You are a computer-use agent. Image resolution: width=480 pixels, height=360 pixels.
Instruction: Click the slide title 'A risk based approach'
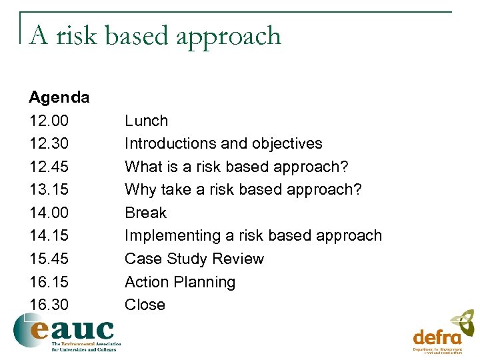pyautogui.click(x=155, y=35)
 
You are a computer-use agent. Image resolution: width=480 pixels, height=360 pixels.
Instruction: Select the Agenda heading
pyautogui.click(x=59, y=97)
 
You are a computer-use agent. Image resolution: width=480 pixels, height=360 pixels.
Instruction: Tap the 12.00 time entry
pyautogui.click(x=49, y=121)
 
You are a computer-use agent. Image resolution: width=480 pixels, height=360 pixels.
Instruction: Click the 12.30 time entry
pyautogui.click(x=49, y=143)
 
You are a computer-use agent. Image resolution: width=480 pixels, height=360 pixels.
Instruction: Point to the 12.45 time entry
pyautogui.click(x=49, y=167)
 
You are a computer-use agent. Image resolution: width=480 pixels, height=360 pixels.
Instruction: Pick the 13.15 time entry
pyautogui.click(x=49, y=189)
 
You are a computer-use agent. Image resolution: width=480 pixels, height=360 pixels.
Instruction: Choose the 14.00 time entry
pyautogui.click(x=49, y=213)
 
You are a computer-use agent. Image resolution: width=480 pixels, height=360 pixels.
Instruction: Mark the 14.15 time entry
pyautogui.click(x=49, y=235)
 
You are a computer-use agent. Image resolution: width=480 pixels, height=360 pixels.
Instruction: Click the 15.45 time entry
pyautogui.click(x=49, y=259)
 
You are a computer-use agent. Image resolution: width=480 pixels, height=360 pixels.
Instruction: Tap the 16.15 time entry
pyautogui.click(x=49, y=282)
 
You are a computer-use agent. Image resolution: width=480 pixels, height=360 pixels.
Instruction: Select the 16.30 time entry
pyautogui.click(x=49, y=305)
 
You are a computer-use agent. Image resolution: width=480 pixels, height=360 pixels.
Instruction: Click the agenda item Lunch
pyautogui.click(x=146, y=121)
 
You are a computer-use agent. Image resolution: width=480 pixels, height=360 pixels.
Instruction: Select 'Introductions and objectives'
pyautogui.click(x=223, y=143)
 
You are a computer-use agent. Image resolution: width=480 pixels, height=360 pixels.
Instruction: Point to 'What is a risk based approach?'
pyautogui.click(x=237, y=167)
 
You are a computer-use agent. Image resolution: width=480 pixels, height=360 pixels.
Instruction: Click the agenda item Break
pyautogui.click(x=145, y=213)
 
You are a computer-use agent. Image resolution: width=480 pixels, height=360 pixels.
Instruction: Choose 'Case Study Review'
pyautogui.click(x=194, y=259)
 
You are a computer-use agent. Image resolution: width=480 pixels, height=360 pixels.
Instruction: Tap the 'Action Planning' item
pyautogui.click(x=180, y=282)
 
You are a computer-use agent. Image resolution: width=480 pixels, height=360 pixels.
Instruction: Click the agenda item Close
pyautogui.click(x=145, y=305)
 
